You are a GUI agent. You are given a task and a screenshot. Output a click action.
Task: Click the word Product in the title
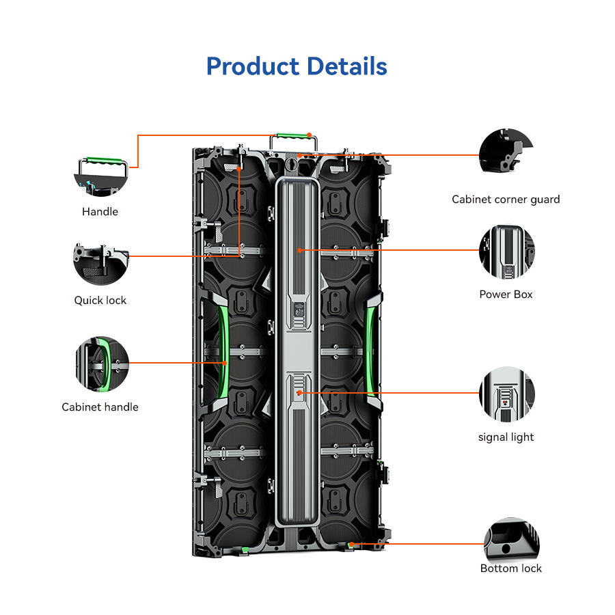[x=253, y=66]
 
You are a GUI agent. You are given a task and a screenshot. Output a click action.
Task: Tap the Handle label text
[x=100, y=212]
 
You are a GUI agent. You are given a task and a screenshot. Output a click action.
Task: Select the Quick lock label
[x=100, y=301]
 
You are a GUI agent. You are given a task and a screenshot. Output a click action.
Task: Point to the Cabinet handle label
[x=100, y=407]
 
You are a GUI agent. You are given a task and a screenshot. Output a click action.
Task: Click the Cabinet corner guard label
[x=506, y=200]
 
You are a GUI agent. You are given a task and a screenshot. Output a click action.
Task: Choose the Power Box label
[x=506, y=295]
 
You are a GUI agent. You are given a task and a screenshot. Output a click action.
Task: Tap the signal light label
[x=506, y=437]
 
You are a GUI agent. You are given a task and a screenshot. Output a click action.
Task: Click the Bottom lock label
[x=510, y=569]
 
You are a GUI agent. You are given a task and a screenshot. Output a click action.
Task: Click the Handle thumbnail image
[x=101, y=177]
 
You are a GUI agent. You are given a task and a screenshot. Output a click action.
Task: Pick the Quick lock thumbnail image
[x=101, y=264]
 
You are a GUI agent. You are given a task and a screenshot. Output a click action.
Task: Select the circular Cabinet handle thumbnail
[x=102, y=364]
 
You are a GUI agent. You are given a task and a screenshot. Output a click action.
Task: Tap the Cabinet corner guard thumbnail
[x=506, y=151]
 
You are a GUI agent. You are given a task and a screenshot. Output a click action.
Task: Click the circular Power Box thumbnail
[x=507, y=252]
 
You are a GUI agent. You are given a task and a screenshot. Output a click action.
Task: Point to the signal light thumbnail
[x=507, y=394]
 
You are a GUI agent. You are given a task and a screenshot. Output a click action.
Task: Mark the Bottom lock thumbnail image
[x=511, y=539]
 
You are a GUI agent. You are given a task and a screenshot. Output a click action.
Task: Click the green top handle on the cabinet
[x=293, y=137]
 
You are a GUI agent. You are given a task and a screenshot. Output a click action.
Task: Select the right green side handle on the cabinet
[x=370, y=351]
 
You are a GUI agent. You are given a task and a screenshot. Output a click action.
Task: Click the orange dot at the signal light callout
[x=299, y=393]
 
